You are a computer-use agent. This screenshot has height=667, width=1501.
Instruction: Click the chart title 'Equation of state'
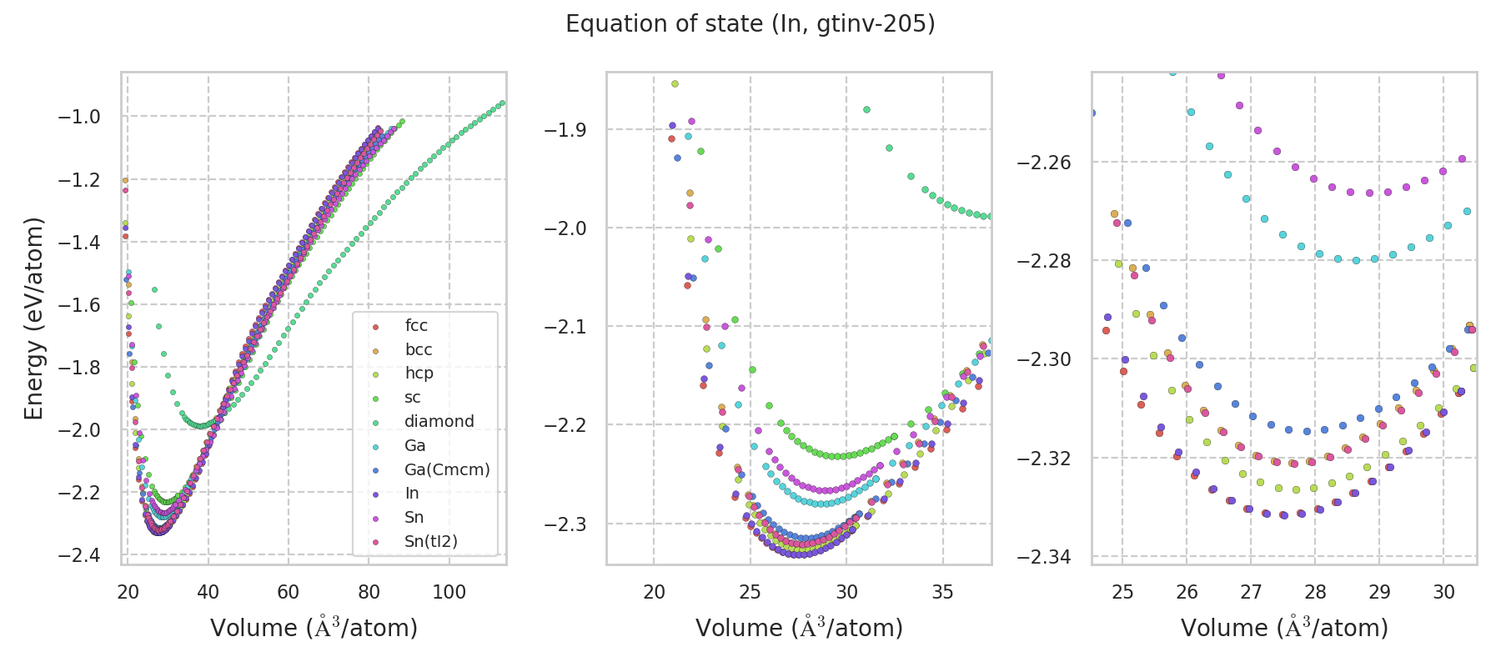click(x=750, y=24)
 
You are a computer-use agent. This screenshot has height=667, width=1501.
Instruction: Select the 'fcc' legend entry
click(x=416, y=326)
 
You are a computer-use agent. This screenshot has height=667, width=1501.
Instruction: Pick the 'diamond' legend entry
click(x=439, y=422)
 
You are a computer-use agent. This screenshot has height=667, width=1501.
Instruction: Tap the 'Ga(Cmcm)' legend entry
click(x=447, y=470)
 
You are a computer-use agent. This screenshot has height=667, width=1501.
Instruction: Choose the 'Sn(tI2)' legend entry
click(x=430, y=542)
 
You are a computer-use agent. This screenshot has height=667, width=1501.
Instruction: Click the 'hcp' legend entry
click(x=419, y=374)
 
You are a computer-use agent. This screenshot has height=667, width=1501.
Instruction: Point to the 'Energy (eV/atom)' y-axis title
click(x=33, y=318)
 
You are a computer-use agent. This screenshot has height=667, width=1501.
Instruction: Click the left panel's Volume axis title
click(x=314, y=628)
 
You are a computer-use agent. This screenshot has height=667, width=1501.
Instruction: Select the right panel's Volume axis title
click(x=1284, y=628)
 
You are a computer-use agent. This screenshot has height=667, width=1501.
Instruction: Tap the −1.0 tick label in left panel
click(x=79, y=118)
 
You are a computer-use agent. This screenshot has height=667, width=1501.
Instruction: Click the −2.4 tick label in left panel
click(x=79, y=555)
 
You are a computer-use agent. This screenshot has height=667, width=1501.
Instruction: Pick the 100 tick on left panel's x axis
click(x=449, y=593)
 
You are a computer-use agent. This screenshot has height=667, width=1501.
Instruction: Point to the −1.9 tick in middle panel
click(x=565, y=130)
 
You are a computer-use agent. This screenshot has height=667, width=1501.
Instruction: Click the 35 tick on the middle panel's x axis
click(x=943, y=593)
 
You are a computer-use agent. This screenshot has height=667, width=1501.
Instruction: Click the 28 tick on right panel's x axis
click(x=1315, y=593)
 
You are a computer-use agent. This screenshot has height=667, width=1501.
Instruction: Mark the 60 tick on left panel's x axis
click(x=289, y=593)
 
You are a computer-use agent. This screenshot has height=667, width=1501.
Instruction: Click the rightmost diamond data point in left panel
click(x=502, y=103)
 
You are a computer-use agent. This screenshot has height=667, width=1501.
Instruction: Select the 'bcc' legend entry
click(x=418, y=350)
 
